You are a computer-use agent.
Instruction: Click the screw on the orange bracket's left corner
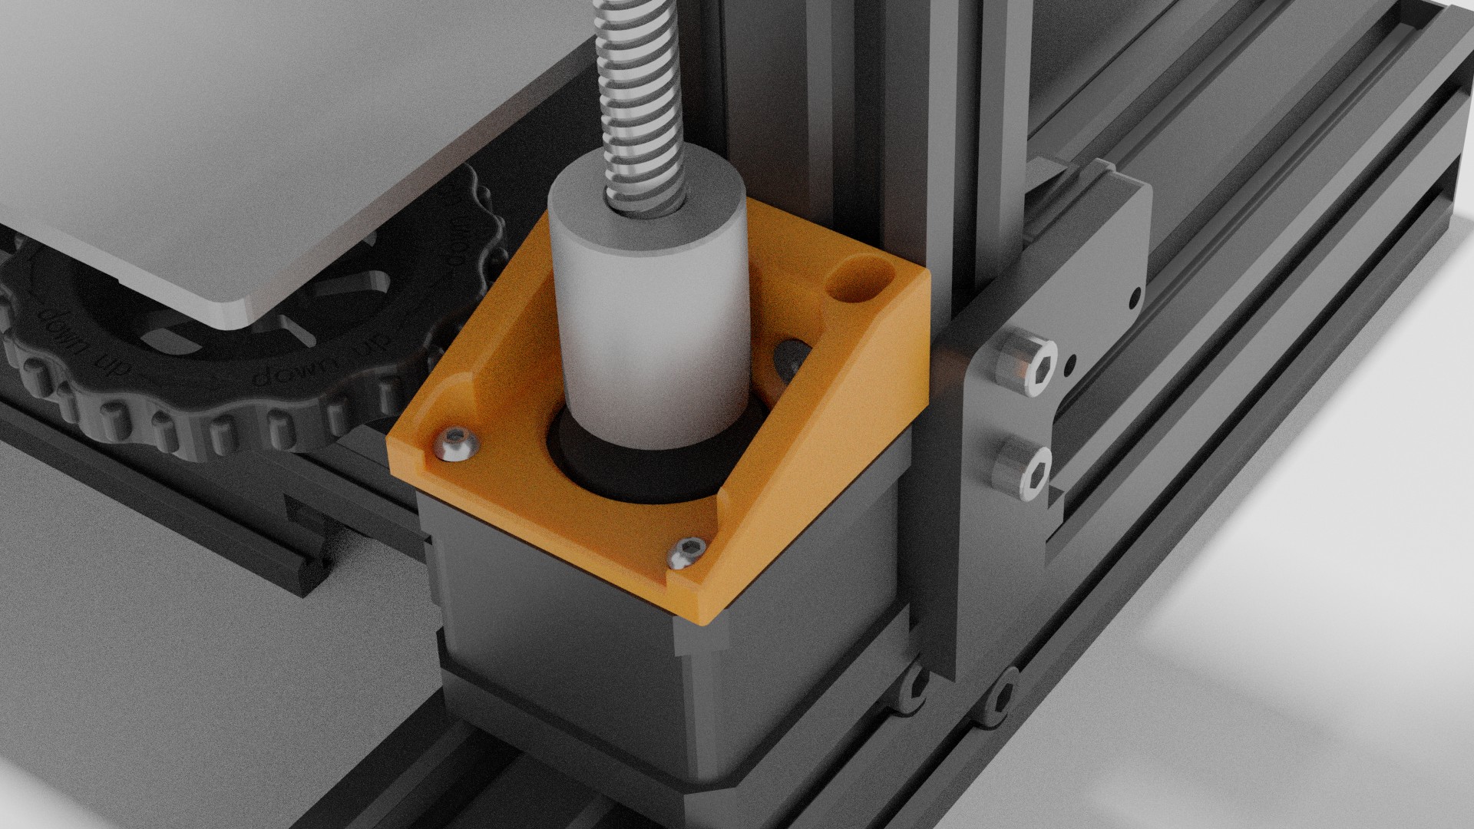[x=454, y=444]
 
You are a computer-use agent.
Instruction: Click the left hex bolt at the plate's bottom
[x=914, y=687]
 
